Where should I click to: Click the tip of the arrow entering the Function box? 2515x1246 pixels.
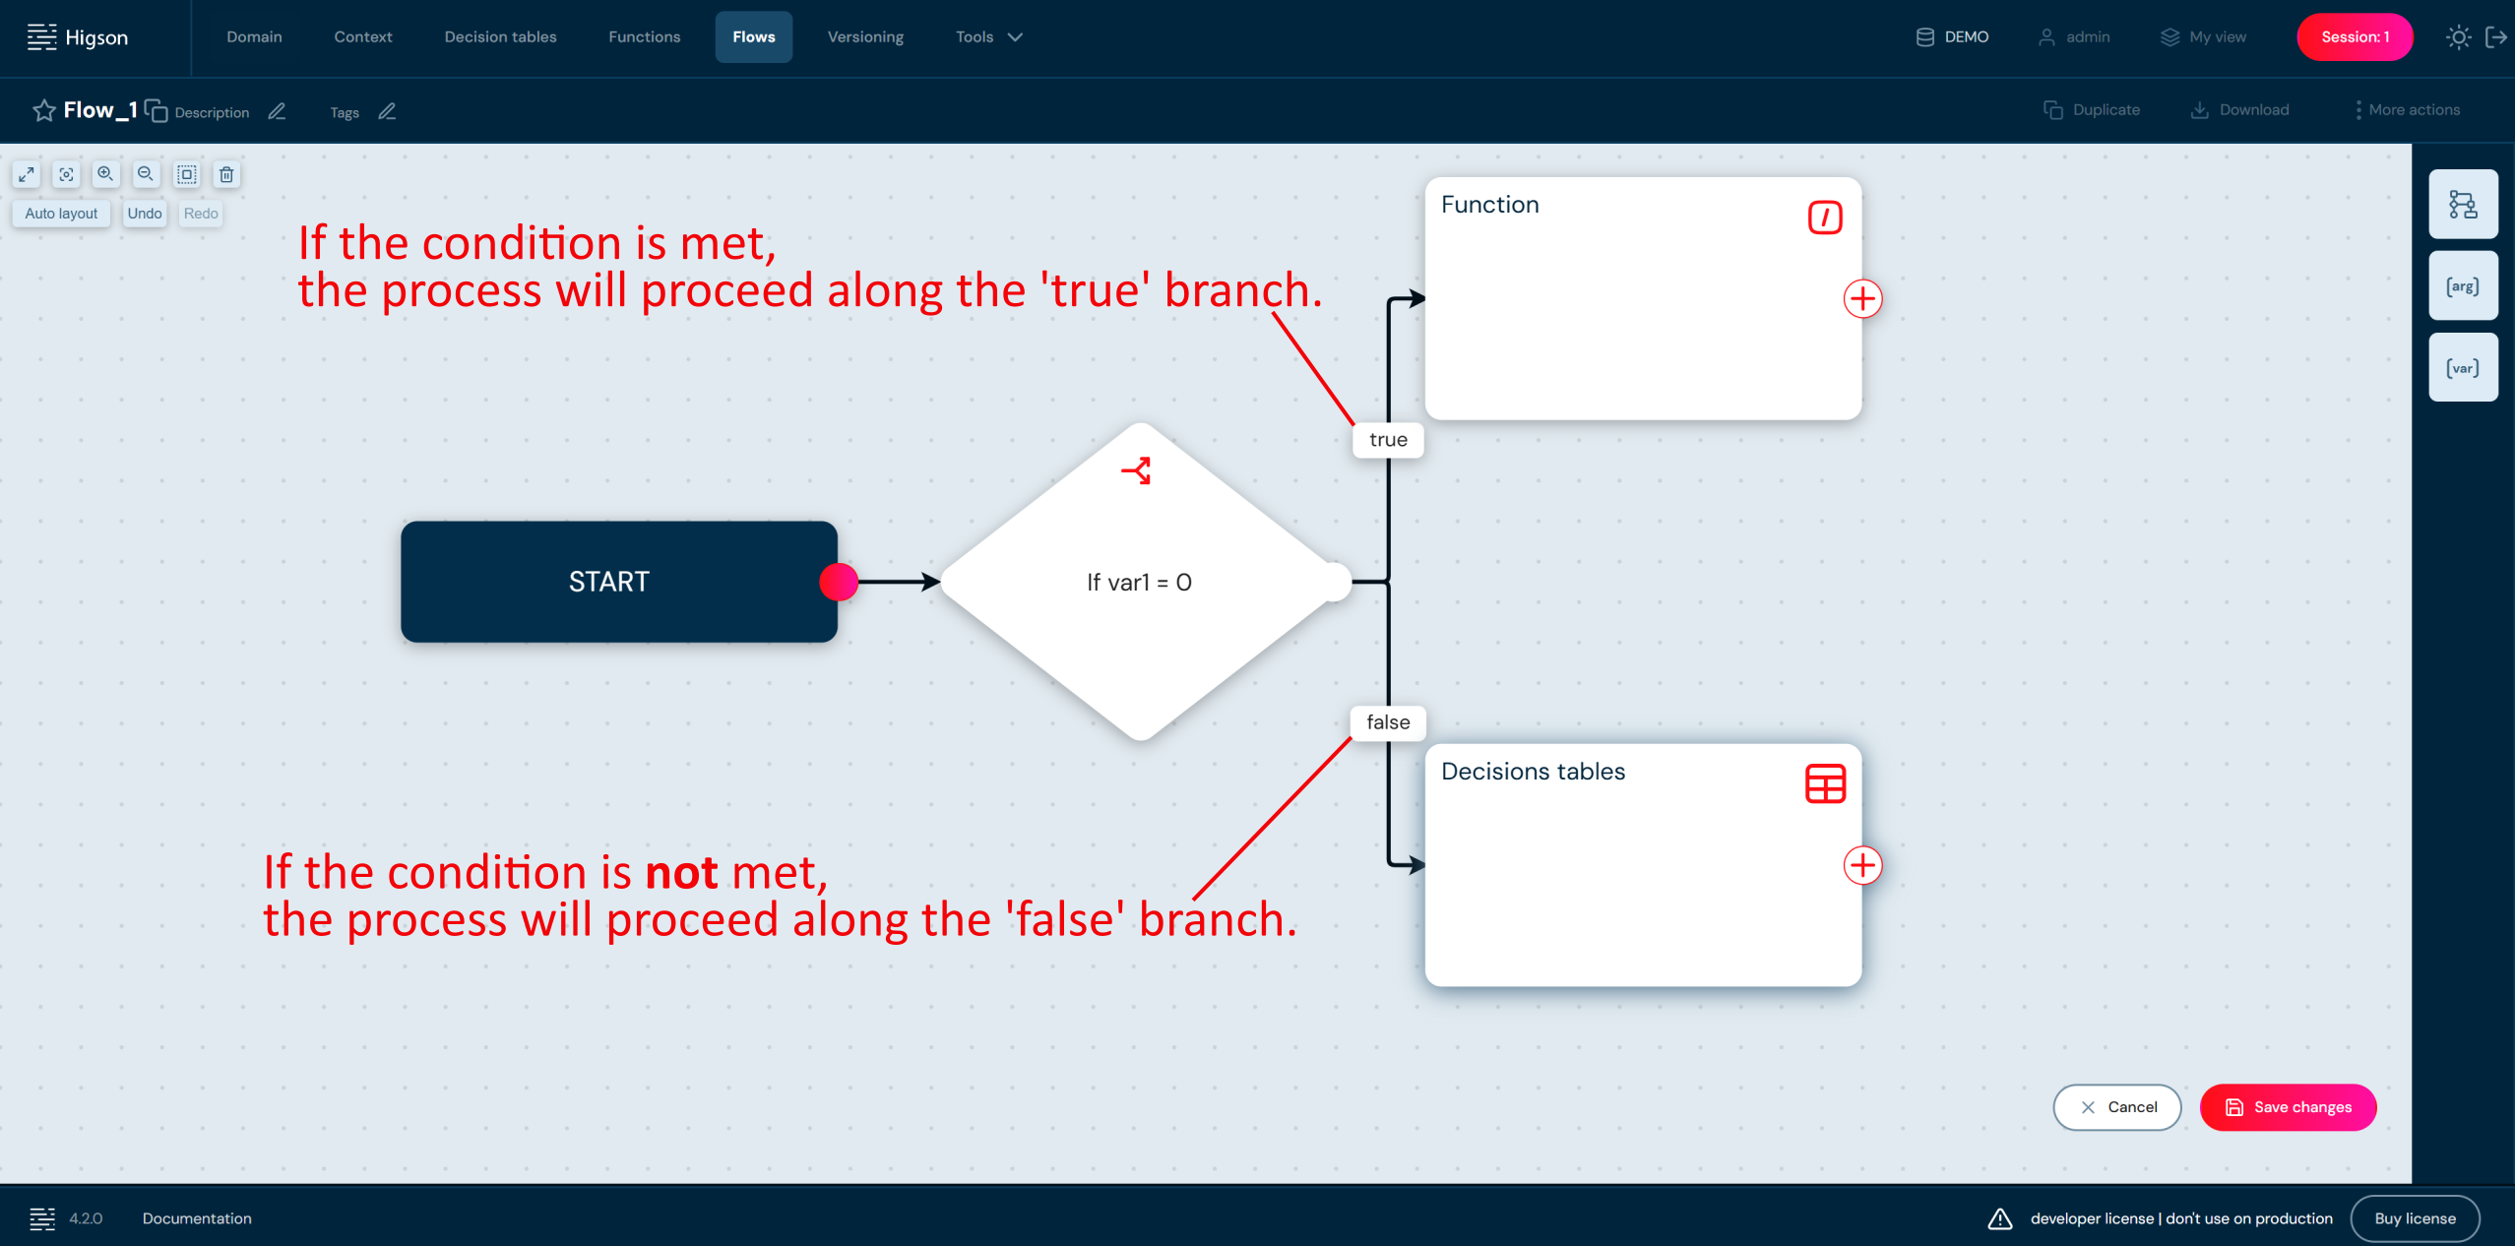click(1425, 298)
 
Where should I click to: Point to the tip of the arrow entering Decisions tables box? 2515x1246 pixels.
click(1425, 865)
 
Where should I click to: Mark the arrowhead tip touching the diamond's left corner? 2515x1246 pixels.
click(941, 582)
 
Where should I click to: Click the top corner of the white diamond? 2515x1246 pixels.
click(1141, 423)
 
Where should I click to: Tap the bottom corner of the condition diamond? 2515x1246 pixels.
click(1141, 740)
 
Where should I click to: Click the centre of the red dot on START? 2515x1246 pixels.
click(839, 582)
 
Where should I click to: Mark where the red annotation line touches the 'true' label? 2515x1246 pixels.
click(1354, 425)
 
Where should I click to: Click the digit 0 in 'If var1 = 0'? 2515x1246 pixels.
click(1184, 583)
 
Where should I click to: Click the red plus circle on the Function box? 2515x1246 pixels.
click(1862, 298)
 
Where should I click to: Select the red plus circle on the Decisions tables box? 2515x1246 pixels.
click(1862, 865)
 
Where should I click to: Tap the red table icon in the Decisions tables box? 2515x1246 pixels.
click(1825, 784)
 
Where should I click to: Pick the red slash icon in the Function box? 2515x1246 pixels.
click(1825, 218)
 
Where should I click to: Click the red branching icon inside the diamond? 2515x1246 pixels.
click(1137, 470)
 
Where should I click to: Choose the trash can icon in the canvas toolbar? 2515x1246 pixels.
click(226, 174)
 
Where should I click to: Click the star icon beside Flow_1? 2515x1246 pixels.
click(43, 110)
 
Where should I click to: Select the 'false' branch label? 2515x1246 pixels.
click(1388, 722)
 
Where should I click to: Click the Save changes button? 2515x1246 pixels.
click(2288, 1107)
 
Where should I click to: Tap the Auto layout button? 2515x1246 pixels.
click(61, 214)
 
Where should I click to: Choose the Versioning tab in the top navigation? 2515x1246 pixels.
click(865, 37)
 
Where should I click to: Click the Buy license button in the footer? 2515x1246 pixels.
click(2415, 1218)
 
